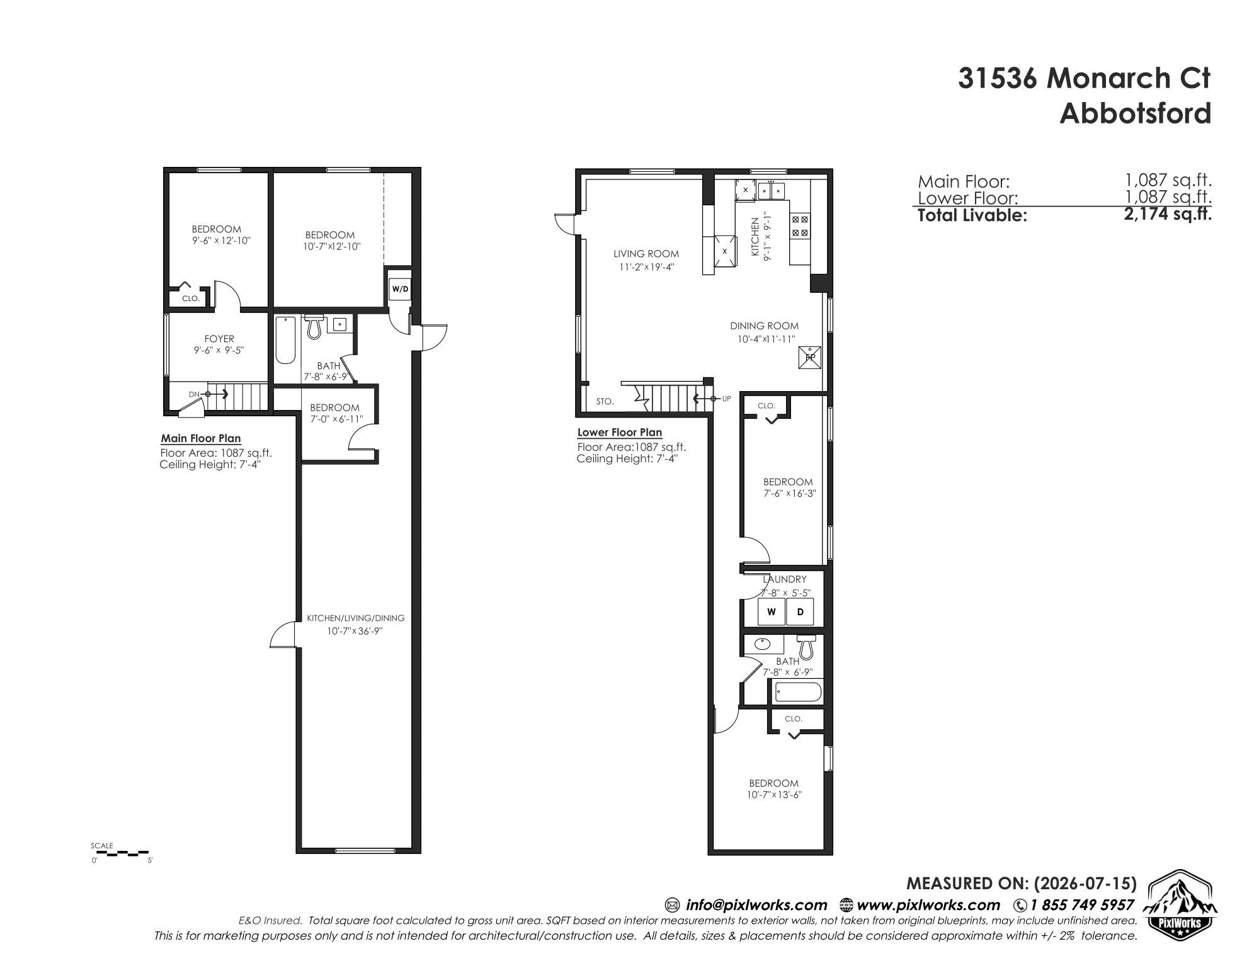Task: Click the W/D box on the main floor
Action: (400, 289)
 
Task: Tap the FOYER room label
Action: (219, 339)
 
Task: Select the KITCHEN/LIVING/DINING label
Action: (355, 618)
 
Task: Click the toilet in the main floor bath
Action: (314, 326)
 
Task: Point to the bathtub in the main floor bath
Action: (285, 340)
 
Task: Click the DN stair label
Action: (194, 394)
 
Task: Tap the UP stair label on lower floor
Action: (726, 399)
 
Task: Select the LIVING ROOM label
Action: (646, 254)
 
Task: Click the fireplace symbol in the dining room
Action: (809, 357)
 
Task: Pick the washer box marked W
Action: (771, 612)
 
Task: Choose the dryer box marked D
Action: (800, 612)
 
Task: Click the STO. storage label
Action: (605, 401)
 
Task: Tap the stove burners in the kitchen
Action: (800, 226)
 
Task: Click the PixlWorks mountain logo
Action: (1179, 902)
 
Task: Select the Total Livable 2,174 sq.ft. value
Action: (1168, 214)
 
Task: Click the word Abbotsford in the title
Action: (1135, 113)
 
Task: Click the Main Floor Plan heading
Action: (201, 438)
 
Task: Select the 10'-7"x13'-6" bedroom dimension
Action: (773, 795)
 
